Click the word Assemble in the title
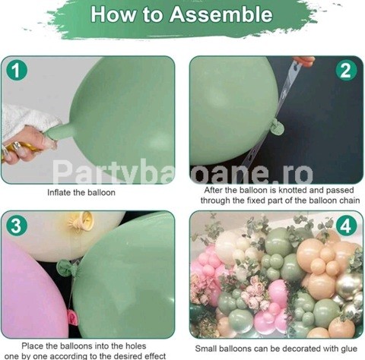coord(221,14)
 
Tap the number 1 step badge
coord(16,70)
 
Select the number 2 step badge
coord(346,70)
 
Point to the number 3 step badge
coord(16,226)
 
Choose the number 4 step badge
coord(346,226)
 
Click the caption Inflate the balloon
coord(81,192)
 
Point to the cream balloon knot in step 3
coord(81,221)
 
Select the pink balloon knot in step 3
coord(71,317)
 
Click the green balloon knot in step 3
coord(65,269)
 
